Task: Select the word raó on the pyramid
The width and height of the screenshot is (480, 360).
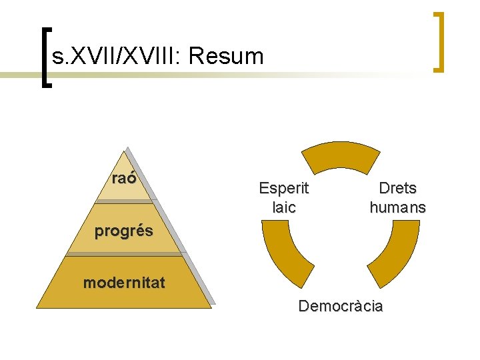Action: click(124, 178)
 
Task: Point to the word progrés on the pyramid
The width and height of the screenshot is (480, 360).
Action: click(123, 231)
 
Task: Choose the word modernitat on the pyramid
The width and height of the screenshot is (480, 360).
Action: click(124, 283)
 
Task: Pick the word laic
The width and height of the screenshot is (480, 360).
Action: click(283, 207)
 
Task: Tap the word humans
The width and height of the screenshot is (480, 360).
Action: click(397, 207)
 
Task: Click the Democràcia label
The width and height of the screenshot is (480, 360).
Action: click(341, 307)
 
